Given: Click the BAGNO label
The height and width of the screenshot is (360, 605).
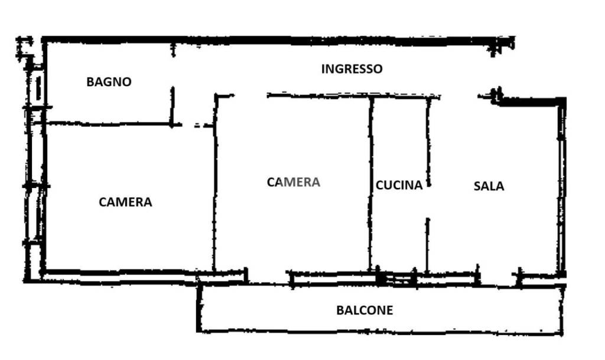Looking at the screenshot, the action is pos(109,82).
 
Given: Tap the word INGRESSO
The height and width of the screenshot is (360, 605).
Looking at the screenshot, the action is pos(352,69).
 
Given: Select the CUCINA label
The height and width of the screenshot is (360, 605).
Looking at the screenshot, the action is pos(399,185).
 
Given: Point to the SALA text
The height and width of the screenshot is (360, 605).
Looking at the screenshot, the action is pos(489,186).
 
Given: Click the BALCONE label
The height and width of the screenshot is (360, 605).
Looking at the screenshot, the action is pos(365,310).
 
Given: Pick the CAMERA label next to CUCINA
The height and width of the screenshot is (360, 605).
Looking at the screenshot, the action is pos(294,182).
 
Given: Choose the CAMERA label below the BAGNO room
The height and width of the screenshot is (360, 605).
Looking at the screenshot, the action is pos(125,202).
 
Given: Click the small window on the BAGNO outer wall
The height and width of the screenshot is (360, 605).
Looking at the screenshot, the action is pos(38,87).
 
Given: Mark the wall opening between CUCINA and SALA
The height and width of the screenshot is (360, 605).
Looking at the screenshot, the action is pos(428,202).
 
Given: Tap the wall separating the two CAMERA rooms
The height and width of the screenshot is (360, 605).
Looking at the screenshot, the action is pos(215,183).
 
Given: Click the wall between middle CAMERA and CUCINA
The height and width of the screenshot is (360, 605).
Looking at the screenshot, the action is pos(371,184).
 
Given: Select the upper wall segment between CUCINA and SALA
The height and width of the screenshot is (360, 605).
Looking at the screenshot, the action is pos(428,142).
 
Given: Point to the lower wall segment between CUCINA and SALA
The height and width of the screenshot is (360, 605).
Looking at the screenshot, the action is pos(428,245).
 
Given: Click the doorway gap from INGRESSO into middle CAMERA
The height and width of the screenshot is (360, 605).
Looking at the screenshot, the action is pos(250,95).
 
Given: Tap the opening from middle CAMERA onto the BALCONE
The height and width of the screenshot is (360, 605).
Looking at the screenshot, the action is pos(269,277).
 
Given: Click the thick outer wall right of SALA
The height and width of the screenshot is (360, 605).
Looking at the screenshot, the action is pos(562,187).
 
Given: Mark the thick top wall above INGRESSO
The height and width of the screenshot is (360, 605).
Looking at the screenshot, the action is pos(278,40).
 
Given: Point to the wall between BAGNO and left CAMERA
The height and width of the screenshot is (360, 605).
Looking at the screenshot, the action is pos(109,124).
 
